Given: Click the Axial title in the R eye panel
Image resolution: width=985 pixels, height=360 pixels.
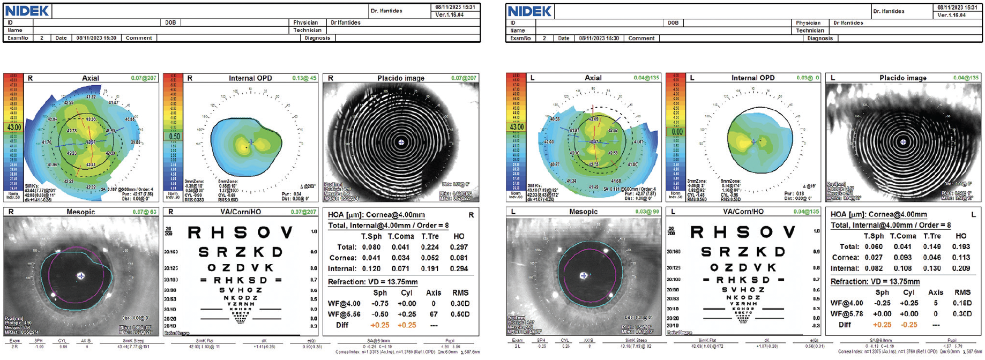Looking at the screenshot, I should (x=90, y=78).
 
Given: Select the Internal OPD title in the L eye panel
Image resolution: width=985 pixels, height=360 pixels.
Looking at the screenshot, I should (x=752, y=78).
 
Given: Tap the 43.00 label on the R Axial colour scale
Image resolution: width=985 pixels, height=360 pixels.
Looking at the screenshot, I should (x=13, y=128).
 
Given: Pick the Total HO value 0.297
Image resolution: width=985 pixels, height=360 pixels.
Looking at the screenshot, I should (x=459, y=247).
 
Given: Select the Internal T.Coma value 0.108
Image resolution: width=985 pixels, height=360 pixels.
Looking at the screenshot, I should (x=903, y=268).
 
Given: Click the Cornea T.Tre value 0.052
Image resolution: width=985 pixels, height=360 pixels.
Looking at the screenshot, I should (x=430, y=258).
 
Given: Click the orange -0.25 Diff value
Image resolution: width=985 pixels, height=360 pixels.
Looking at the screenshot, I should (x=909, y=325).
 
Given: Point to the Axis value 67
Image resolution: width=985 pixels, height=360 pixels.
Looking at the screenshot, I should (x=434, y=314).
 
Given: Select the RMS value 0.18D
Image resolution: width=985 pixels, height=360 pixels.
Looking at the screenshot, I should (x=962, y=303).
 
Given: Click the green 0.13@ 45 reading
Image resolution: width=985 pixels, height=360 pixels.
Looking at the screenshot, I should (x=304, y=78).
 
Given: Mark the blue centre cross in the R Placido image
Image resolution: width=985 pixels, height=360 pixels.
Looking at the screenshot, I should (x=401, y=142).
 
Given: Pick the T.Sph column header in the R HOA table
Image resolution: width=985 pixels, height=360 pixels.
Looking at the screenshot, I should (x=371, y=236).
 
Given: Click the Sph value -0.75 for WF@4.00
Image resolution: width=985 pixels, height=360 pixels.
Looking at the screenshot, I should (x=380, y=303).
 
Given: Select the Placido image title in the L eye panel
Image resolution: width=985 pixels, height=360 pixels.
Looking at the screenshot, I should (x=902, y=78).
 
